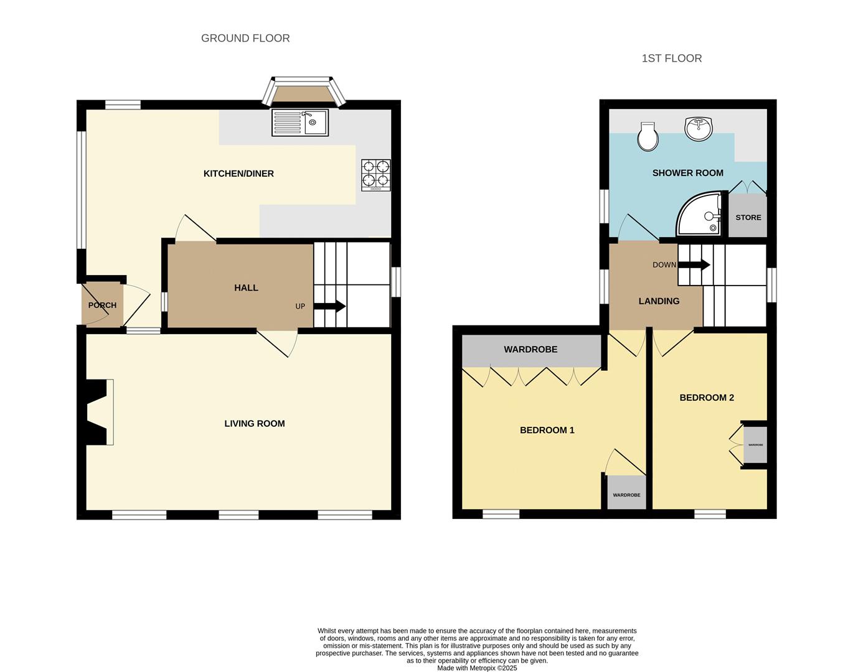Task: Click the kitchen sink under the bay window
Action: pos(300,123)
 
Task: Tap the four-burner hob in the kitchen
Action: pos(376,174)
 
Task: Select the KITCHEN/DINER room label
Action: pos(238,174)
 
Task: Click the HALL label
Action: pos(246,287)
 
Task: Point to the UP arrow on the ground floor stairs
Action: pos(329,306)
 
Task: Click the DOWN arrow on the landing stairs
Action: pos(694,264)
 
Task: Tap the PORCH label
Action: pos(102,305)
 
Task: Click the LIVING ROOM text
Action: pos(255,424)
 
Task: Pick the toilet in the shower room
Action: pos(648,136)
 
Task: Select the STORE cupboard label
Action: pos(748,217)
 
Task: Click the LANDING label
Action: pos(659,301)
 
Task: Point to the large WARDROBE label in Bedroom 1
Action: pos(530,350)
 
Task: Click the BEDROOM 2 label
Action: pos(707,398)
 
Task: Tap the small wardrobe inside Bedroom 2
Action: pos(755,445)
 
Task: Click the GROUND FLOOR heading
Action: pos(245,38)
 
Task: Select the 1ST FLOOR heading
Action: pos(672,58)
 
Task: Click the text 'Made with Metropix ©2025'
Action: pos(477,668)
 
